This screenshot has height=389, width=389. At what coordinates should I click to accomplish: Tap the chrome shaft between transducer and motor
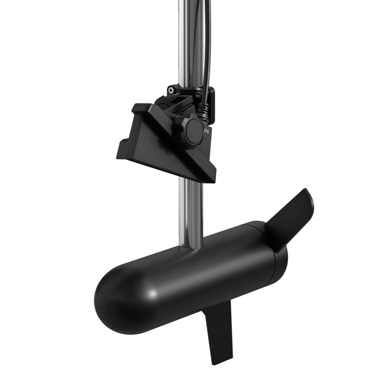(x=191, y=210)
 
